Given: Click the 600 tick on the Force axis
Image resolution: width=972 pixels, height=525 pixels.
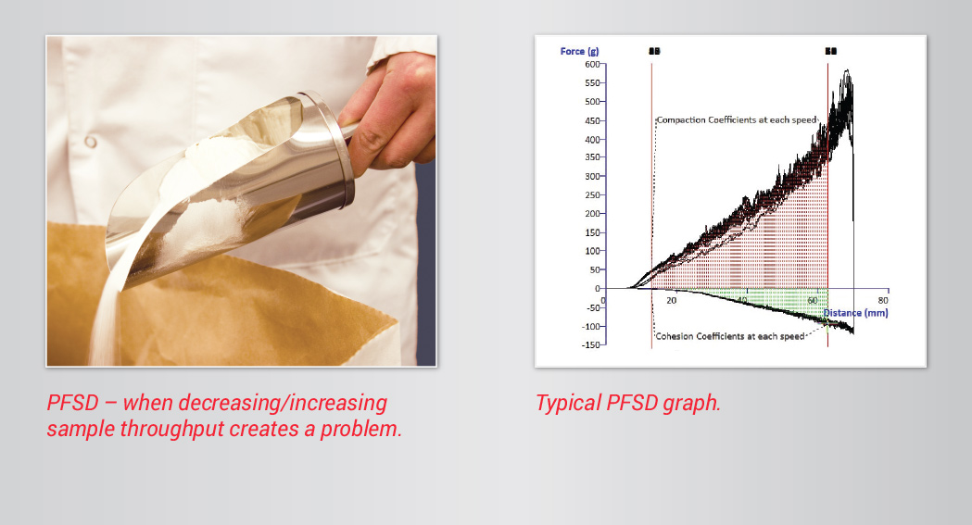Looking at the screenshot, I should click(590, 64).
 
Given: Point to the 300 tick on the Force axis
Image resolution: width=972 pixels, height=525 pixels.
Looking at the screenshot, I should click(590, 176).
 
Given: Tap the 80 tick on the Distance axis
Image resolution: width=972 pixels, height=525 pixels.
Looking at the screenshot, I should click(883, 301).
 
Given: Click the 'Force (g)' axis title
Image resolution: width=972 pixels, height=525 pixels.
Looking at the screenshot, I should click(579, 51).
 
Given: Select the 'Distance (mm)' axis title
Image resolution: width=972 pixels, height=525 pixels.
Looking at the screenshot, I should click(854, 313).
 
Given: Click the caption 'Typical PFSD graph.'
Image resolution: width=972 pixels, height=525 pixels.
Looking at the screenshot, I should click(628, 404).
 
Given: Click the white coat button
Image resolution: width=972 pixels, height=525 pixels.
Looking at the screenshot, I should click(90, 142).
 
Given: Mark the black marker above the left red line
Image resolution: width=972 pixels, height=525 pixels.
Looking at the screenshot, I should click(653, 51).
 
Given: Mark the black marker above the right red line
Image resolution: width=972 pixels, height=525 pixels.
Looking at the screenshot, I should click(829, 51).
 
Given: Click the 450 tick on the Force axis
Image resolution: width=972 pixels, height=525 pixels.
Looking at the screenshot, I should click(590, 120).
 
